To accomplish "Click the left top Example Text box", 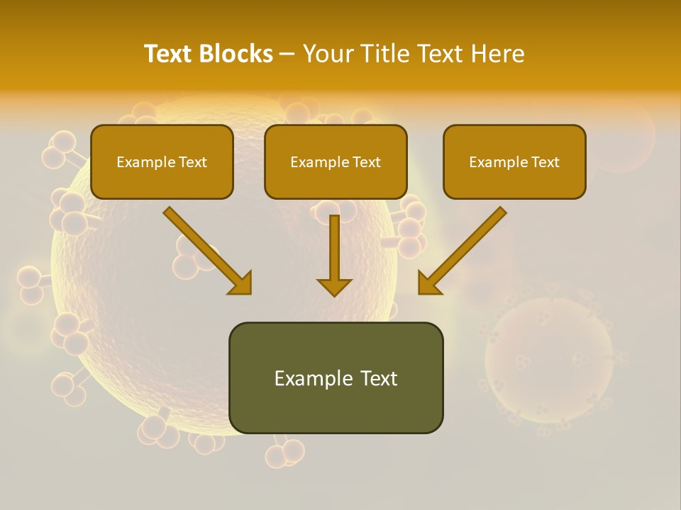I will coord(162,161).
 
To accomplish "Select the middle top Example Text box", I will coord(336,161).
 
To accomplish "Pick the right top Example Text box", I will coord(514,161).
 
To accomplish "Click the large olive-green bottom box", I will coord(336,378).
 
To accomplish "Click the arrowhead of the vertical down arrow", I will coord(334,287).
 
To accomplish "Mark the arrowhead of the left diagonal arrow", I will coord(241,283).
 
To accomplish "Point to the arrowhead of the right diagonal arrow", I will coord(428,283).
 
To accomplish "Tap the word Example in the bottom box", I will coord(313,378).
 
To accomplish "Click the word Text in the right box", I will coord(546,161).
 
